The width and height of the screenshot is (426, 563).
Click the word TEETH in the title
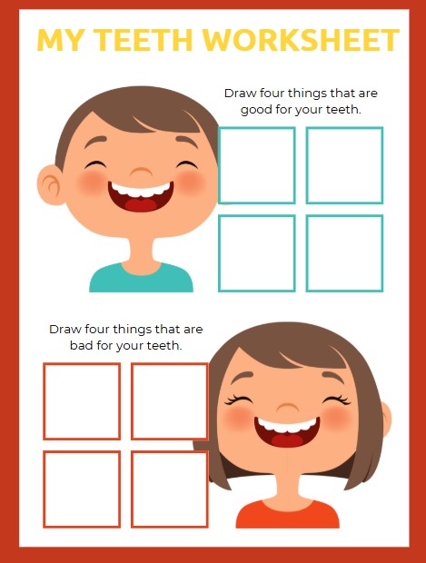coord(144,39)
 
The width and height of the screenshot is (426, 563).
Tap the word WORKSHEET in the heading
coord(301,39)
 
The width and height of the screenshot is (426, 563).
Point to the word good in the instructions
coord(256,110)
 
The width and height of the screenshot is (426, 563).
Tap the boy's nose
coord(141,172)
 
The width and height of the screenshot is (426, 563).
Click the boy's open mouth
coord(141,195)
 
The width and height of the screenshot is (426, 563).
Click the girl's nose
coord(287,408)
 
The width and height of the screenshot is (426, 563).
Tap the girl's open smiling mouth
coord(287,431)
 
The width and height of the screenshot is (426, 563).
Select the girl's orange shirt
coord(287,514)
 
